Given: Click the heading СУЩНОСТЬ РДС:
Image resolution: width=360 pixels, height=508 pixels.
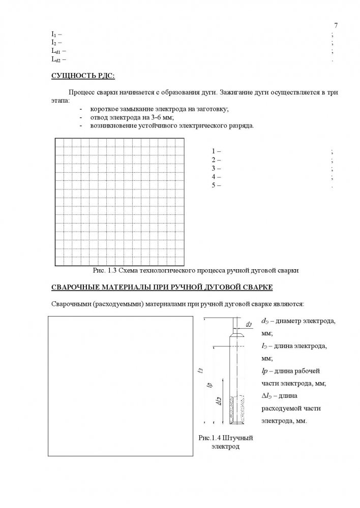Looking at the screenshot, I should click(x=83, y=76).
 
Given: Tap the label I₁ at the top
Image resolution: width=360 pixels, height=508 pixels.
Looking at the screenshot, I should click(x=53, y=34).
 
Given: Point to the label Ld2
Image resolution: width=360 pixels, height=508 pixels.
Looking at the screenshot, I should click(x=56, y=59).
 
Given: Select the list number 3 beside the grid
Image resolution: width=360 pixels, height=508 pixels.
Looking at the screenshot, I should click(x=214, y=168).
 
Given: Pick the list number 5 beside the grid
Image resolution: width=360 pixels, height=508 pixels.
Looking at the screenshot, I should click(x=214, y=185).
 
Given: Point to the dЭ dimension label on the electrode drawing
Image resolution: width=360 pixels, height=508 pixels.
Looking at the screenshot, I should click(x=249, y=324).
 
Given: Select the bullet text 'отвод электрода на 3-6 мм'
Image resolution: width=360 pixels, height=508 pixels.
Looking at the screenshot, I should click(x=132, y=117).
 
